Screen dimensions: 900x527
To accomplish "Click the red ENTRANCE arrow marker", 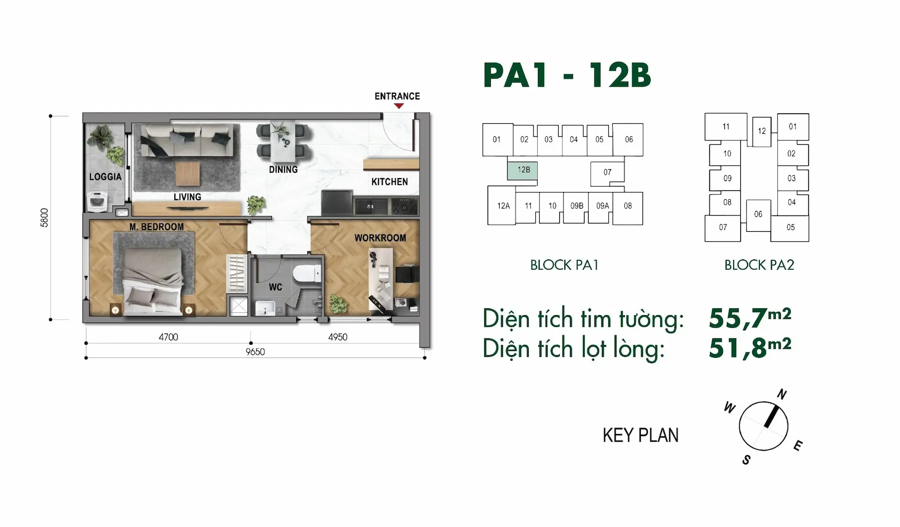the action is [x=398, y=106].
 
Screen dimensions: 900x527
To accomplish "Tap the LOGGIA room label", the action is [x=105, y=177].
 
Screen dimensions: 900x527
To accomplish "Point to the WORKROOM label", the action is [x=380, y=238].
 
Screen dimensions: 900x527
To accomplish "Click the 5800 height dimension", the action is [x=45, y=217].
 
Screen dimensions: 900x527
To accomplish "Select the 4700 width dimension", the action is [x=168, y=337].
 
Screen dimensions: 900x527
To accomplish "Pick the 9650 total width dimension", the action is [x=255, y=352].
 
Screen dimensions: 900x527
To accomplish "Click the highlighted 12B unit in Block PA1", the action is [x=522, y=171].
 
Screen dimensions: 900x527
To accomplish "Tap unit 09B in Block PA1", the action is [x=576, y=206].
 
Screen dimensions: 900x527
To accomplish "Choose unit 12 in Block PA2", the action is [x=762, y=131].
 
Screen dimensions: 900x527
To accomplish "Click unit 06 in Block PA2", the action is [x=758, y=215].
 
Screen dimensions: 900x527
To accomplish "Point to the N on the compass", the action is [x=782, y=394].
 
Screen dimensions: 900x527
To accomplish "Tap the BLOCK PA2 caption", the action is [x=759, y=265].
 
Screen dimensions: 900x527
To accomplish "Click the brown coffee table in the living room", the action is [x=187, y=174].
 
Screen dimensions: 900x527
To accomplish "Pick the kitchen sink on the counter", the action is [x=370, y=206].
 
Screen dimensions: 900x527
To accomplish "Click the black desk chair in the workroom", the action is [x=407, y=274].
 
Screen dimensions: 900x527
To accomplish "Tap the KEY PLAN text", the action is [x=640, y=436].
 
